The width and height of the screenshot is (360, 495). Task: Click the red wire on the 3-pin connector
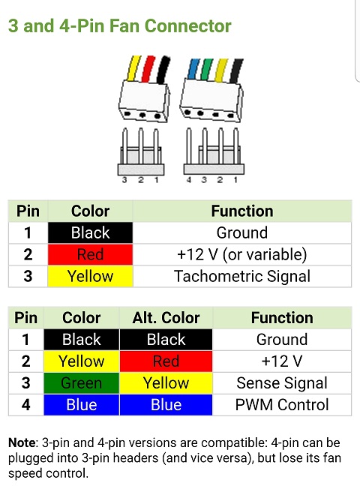pyautogui.click(x=148, y=69)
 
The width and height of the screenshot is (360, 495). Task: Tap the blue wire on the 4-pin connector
pyautogui.click(x=192, y=68)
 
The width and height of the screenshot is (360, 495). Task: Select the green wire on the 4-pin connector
pyautogui.click(x=207, y=70)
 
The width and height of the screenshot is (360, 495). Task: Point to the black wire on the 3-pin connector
pyautogui.click(x=163, y=70)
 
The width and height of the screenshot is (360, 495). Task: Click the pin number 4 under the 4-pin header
pyautogui.click(x=189, y=180)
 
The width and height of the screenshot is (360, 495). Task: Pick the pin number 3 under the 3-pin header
pyautogui.click(x=124, y=180)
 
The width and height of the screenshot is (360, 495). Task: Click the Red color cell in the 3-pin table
pyautogui.click(x=90, y=254)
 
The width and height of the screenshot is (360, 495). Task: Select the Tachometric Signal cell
pyautogui.click(x=242, y=276)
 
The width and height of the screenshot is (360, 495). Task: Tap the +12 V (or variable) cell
pyautogui.click(x=242, y=254)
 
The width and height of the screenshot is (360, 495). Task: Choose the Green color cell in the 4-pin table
pyautogui.click(x=82, y=383)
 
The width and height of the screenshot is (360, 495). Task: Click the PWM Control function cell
pyautogui.click(x=282, y=405)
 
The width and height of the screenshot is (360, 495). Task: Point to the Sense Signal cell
pyautogui.click(x=282, y=383)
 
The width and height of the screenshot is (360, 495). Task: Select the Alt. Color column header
pyautogui.click(x=166, y=318)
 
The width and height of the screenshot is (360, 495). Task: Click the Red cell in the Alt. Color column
pyautogui.click(x=166, y=361)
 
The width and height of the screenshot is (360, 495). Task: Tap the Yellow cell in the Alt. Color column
pyautogui.click(x=166, y=383)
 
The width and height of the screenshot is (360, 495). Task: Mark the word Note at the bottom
pyautogui.click(x=22, y=442)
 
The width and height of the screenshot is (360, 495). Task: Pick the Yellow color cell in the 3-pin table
pyautogui.click(x=90, y=276)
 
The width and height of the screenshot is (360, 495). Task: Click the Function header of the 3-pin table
pyautogui.click(x=242, y=211)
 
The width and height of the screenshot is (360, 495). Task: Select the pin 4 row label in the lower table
pyautogui.click(x=26, y=405)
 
